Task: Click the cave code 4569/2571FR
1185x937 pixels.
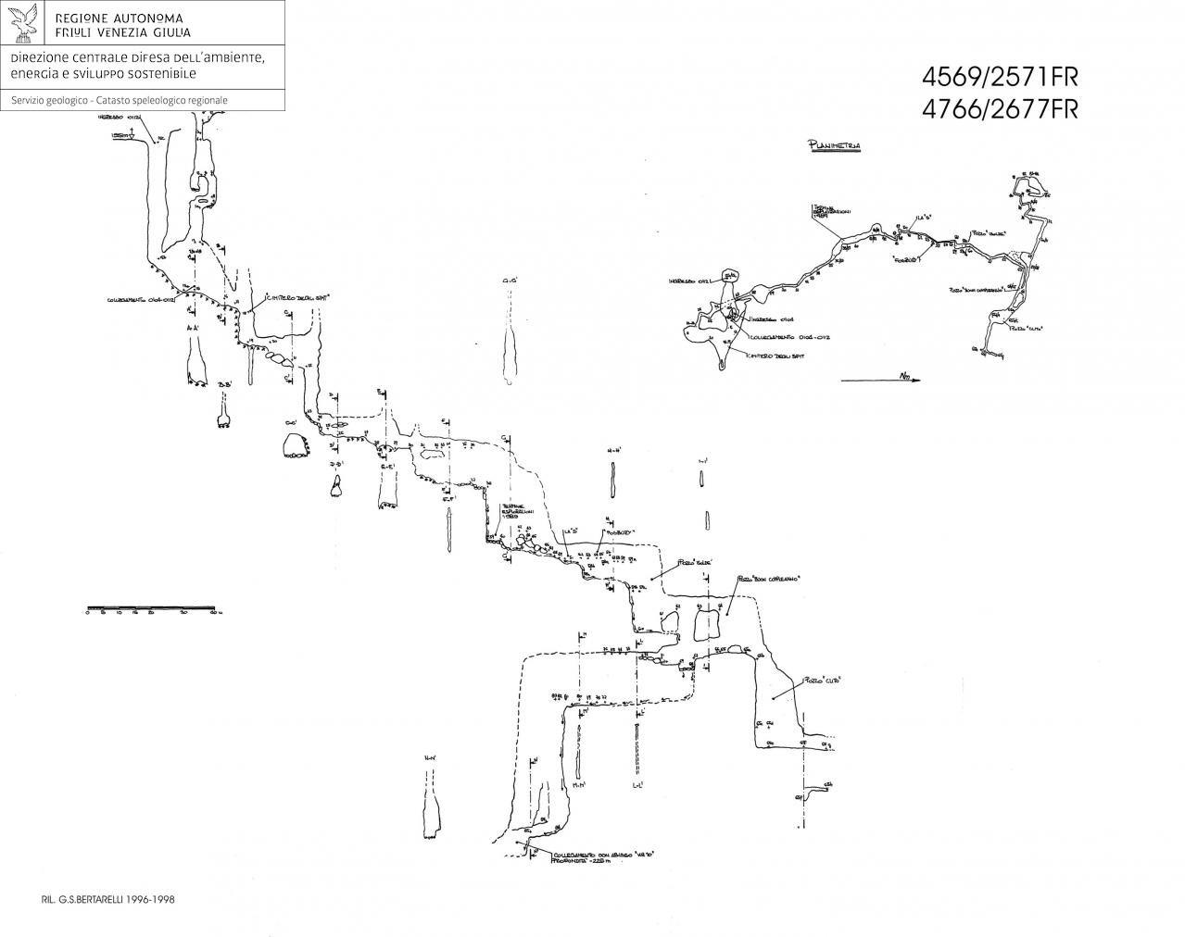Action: (x=1000, y=77)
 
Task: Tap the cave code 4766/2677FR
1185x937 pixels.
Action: (x=1000, y=108)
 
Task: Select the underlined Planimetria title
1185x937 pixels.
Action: (x=835, y=145)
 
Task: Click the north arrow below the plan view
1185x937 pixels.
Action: (x=880, y=378)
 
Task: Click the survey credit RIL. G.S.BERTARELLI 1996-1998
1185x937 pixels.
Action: (x=109, y=898)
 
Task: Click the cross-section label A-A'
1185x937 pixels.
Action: (x=193, y=328)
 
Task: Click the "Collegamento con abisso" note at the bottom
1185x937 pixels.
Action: (x=608, y=853)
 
